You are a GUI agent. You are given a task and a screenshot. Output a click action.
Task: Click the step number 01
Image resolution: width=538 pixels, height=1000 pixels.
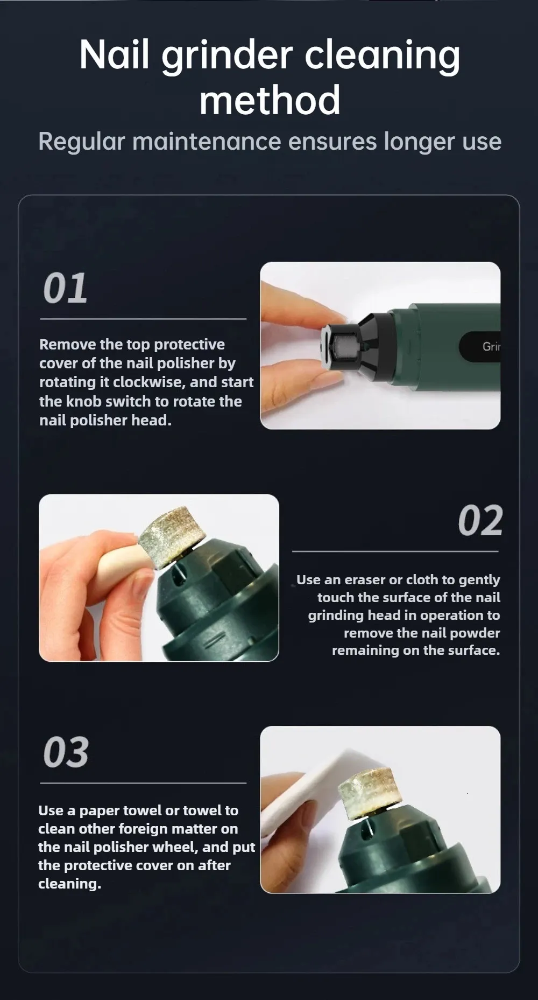pos(65,288)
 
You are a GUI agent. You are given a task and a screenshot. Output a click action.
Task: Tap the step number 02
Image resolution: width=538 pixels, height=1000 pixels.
pos(480,521)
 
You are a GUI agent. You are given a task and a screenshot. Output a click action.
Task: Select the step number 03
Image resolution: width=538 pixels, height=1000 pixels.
pos(66,752)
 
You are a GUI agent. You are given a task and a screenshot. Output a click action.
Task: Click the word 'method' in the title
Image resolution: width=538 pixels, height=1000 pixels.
pos(270,100)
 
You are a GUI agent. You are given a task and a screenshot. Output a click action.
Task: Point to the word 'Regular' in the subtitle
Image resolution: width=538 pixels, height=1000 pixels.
pos(81,142)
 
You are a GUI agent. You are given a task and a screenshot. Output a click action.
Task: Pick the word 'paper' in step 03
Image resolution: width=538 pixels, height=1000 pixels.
pos(100,811)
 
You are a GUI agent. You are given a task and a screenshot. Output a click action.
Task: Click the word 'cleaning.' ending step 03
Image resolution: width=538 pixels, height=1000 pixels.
pos(69,884)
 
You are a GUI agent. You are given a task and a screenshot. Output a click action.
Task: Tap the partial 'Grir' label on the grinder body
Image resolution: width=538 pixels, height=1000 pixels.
pos(491,347)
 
